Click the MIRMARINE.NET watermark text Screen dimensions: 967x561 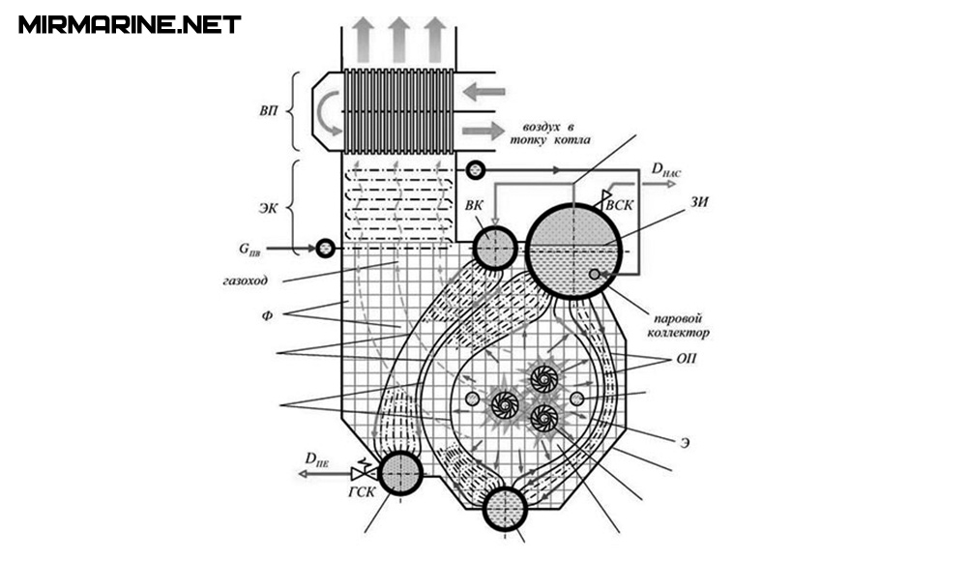(x=130, y=25)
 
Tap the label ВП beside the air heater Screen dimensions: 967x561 (x=268, y=111)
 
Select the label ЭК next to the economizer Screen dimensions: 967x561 (x=268, y=209)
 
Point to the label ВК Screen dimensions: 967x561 (x=474, y=205)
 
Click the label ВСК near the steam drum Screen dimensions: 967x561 (x=619, y=205)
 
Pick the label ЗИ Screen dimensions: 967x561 (x=699, y=202)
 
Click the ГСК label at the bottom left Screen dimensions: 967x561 (x=362, y=492)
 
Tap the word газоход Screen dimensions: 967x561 (x=246, y=280)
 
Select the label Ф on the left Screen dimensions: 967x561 (x=267, y=315)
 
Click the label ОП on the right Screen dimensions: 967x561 (x=687, y=359)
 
